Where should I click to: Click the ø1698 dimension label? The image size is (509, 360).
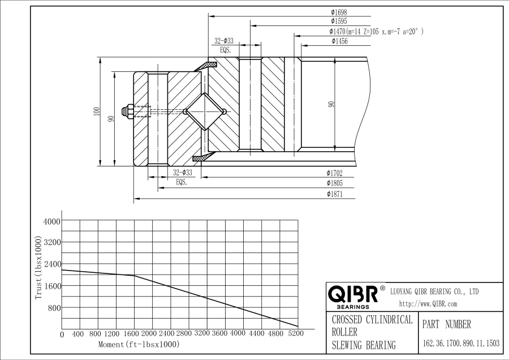click(338, 12)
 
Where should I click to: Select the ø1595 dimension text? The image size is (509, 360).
click(338, 22)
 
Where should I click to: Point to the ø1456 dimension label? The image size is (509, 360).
click(338, 41)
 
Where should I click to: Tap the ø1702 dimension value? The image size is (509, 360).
click(334, 173)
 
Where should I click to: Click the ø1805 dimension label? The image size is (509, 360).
click(334, 183)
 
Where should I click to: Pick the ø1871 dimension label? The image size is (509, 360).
click(334, 194)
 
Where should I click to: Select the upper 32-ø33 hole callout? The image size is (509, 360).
click(224, 41)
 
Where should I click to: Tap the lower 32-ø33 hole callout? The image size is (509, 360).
click(182, 173)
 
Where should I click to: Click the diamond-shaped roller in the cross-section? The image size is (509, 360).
click(205, 111)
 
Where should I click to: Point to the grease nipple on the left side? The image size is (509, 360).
click(129, 111)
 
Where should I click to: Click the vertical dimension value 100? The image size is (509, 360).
click(97, 112)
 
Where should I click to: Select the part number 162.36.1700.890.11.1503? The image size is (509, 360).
click(460, 343)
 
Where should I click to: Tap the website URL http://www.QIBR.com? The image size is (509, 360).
click(428, 304)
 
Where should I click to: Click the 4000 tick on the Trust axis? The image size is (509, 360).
click(52, 221)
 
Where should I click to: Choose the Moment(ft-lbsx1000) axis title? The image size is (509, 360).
click(139, 344)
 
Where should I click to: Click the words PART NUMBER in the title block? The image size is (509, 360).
click(446, 325)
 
